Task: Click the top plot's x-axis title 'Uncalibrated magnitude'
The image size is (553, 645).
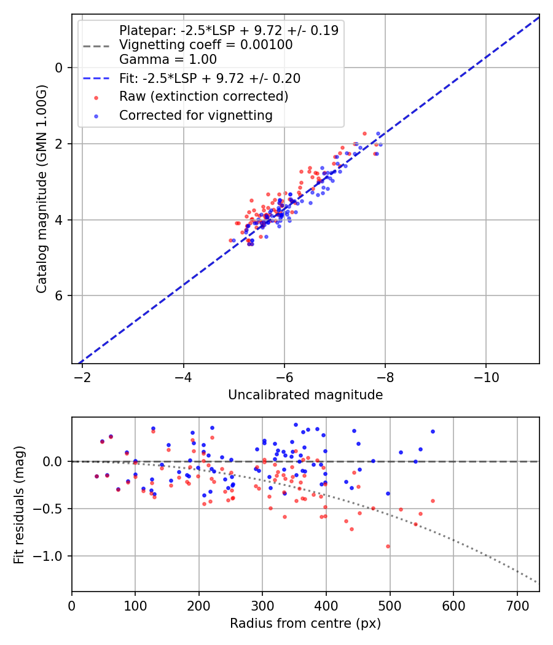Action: tap(305, 395)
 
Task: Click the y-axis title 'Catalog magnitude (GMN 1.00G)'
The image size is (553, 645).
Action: tap(41, 190)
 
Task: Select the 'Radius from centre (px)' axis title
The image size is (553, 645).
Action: tap(305, 623)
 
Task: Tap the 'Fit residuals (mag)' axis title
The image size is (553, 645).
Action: tap(18, 504)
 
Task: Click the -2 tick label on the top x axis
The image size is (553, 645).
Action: tap(82, 375)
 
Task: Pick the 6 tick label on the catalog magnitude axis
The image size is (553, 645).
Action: tap(59, 295)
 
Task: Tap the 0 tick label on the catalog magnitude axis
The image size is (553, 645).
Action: tap(59, 68)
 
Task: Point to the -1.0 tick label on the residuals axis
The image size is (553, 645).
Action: tap(52, 556)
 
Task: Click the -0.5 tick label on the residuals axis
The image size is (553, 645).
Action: tap(52, 509)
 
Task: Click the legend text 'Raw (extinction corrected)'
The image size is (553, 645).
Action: tap(203, 96)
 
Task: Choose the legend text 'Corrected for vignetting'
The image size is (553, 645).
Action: tap(195, 115)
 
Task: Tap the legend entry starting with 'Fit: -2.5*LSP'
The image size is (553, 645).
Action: tap(210, 79)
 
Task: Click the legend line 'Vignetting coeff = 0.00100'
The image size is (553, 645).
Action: tap(206, 45)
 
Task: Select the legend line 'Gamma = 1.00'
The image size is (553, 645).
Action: tap(168, 60)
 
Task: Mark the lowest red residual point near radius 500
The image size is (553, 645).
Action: tap(388, 546)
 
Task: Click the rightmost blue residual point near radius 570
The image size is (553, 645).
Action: tap(433, 431)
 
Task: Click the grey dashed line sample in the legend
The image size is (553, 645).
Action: tap(96, 45)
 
